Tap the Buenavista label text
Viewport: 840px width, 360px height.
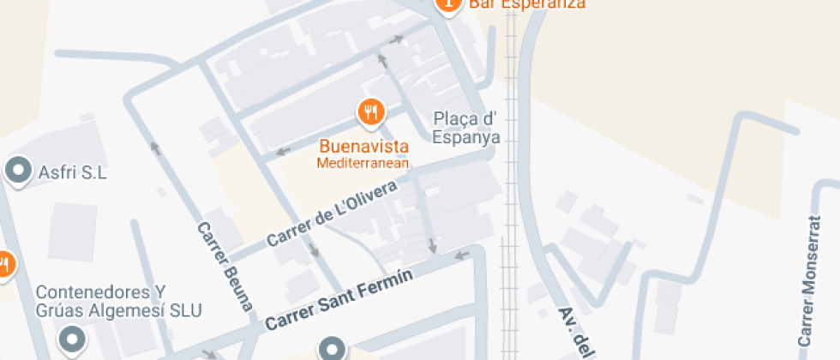pyautogui.click(x=363, y=146)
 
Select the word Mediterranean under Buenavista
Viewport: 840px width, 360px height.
pyautogui.click(x=363, y=162)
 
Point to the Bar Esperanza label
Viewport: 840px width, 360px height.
pyautogui.click(x=527, y=4)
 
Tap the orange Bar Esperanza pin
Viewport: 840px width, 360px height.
pyautogui.click(x=447, y=4)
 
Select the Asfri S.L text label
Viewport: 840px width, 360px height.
pyautogui.click(x=73, y=172)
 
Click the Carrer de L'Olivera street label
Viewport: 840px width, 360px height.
pyautogui.click(x=333, y=213)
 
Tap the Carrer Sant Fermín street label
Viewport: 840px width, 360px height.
pyautogui.click(x=339, y=301)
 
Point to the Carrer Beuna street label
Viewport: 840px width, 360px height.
pyautogui.click(x=225, y=265)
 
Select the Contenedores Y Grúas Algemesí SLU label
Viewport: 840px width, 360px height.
pyautogui.click(x=118, y=301)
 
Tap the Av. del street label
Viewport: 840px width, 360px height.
pyautogui.click(x=576, y=333)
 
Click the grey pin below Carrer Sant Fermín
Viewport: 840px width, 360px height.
pyautogui.click(x=332, y=348)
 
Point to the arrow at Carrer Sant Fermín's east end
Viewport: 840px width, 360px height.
pyautogui.click(x=462, y=254)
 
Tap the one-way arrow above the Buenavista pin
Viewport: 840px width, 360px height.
pyautogui.click(x=382, y=60)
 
